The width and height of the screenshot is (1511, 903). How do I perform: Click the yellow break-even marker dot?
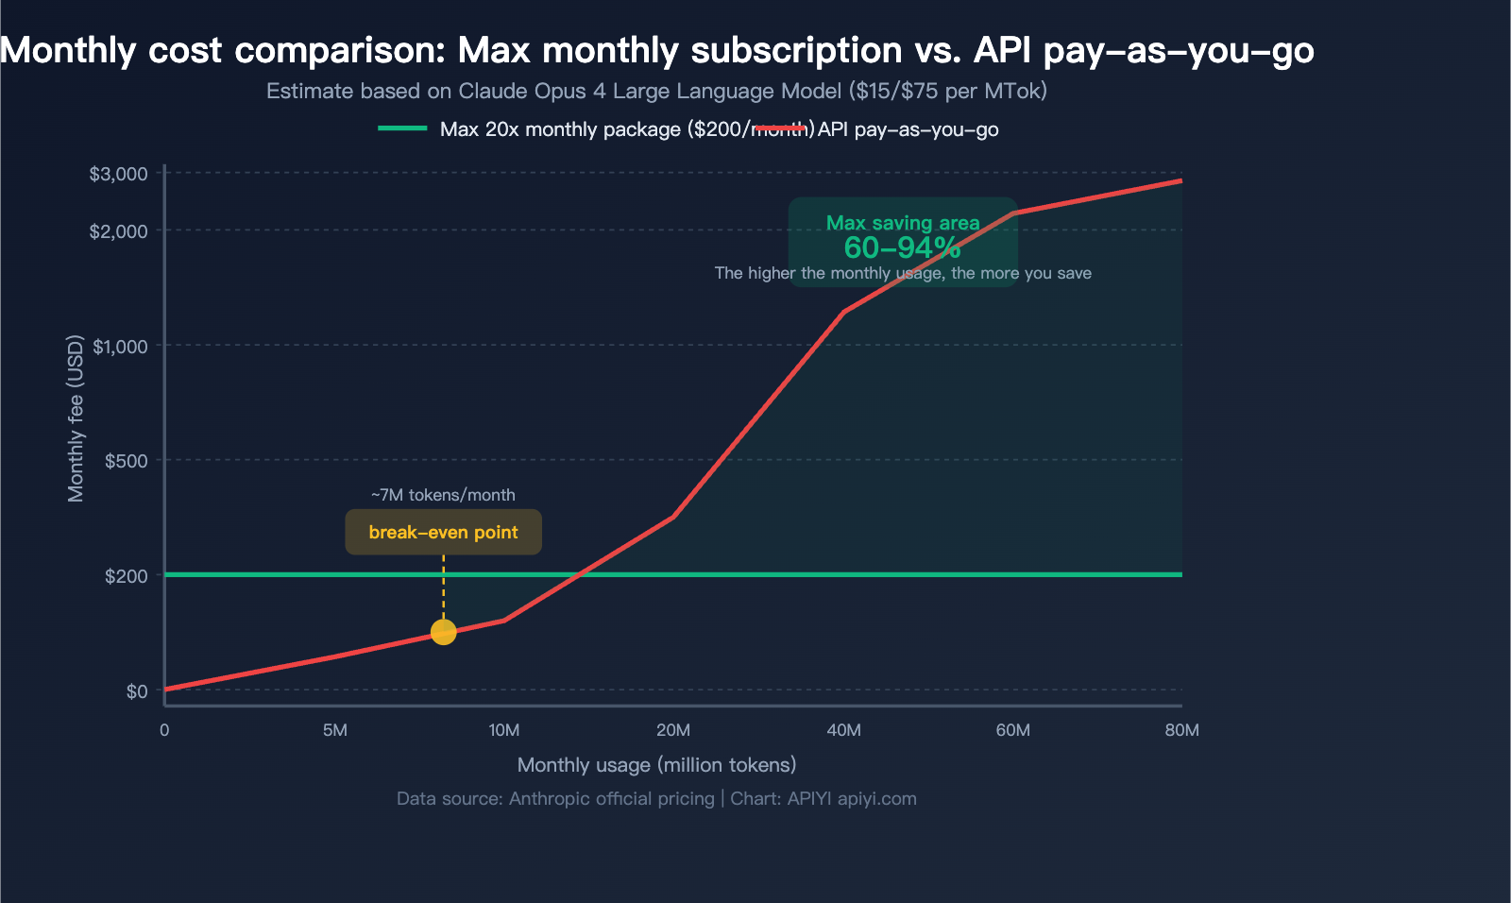(x=443, y=632)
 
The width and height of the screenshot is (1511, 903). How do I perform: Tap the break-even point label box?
(x=443, y=532)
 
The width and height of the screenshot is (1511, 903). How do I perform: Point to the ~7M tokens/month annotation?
(x=443, y=495)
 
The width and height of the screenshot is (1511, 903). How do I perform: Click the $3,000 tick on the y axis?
(x=119, y=174)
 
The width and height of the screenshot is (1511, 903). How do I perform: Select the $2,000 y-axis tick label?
(x=119, y=231)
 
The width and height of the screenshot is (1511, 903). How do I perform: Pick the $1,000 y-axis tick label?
(x=121, y=347)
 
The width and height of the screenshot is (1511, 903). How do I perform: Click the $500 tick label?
(x=127, y=461)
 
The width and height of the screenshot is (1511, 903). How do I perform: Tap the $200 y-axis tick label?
(x=127, y=576)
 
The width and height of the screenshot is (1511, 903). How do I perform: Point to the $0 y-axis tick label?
(x=137, y=691)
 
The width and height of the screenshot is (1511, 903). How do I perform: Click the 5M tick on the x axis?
(x=334, y=730)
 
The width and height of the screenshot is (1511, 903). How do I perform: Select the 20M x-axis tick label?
(x=673, y=730)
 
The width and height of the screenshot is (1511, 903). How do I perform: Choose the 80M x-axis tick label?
(x=1181, y=730)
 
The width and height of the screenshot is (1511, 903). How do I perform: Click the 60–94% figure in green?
(x=902, y=247)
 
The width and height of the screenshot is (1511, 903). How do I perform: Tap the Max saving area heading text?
(x=903, y=223)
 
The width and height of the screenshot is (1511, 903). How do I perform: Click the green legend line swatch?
(x=403, y=128)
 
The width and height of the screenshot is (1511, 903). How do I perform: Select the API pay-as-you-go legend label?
(x=908, y=129)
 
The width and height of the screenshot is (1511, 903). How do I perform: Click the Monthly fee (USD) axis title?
(x=76, y=418)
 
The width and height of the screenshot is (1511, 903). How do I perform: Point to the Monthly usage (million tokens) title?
(x=656, y=765)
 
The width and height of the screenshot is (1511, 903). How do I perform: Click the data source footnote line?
(x=656, y=798)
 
